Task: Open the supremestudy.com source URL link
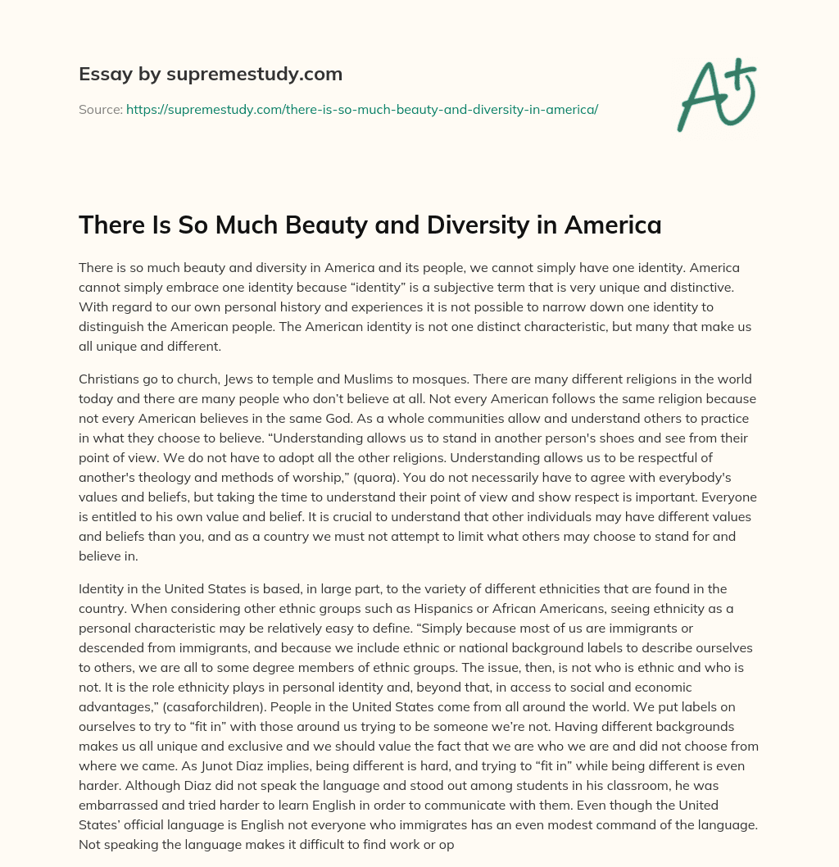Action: pyautogui.click(x=361, y=109)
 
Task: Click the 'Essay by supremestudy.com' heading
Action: pyautogui.click(x=211, y=75)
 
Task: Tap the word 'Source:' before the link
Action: pyautogui.click(x=101, y=109)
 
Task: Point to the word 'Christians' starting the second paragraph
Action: pyautogui.click(x=109, y=379)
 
